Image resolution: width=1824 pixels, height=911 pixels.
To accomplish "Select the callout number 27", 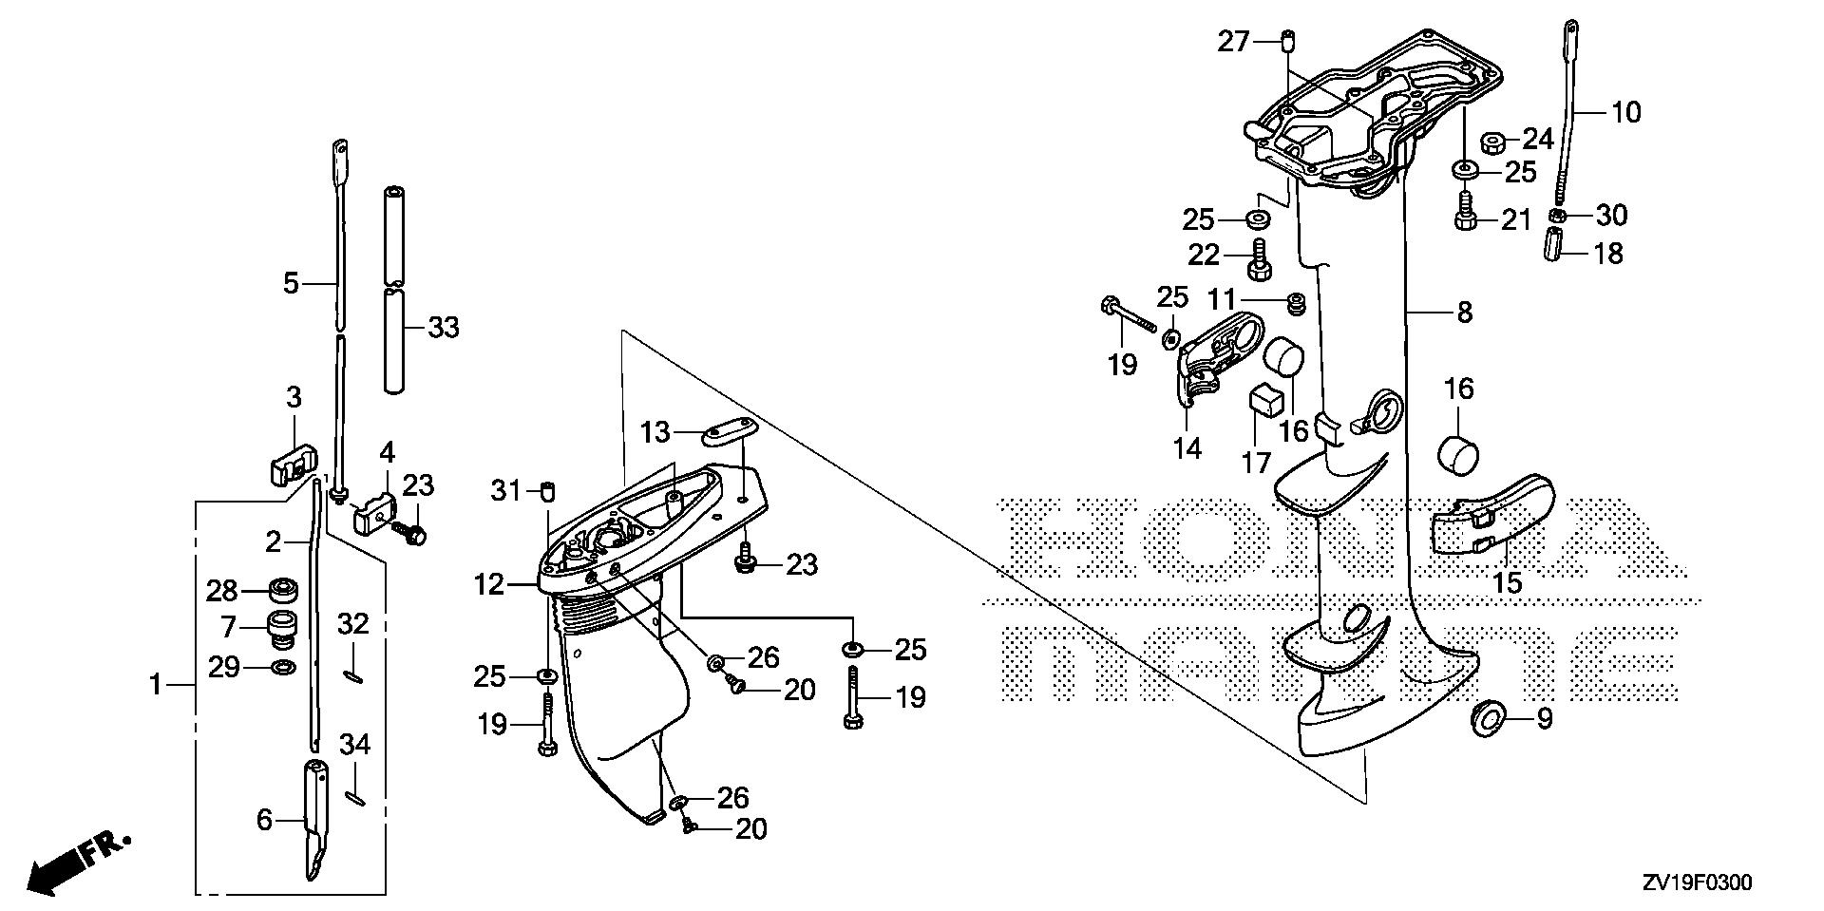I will (1234, 42).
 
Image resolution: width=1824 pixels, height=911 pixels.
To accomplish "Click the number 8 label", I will (1464, 312).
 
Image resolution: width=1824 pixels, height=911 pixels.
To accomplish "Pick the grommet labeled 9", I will (1488, 718).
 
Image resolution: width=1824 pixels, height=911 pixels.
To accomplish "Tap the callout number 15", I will (1508, 581).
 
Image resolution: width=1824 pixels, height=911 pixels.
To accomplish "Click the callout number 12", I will (490, 584).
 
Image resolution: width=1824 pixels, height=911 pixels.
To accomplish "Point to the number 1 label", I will (156, 683).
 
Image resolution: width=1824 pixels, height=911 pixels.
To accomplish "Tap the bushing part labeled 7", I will (281, 628).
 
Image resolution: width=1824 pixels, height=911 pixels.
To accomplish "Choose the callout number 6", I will (264, 819).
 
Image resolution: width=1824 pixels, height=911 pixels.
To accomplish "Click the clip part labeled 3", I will (290, 463).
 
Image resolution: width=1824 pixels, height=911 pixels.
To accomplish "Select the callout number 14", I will (1187, 447).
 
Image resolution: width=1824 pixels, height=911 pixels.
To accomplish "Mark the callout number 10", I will (1626, 112).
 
